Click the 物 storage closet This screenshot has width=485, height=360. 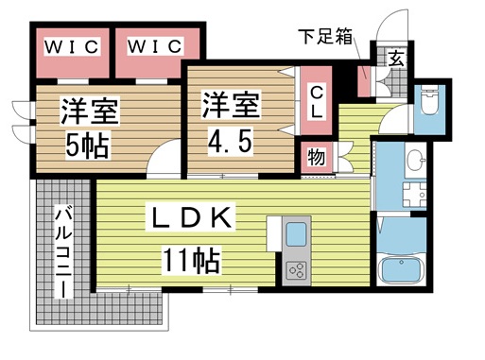316,157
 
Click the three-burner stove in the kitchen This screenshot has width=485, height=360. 295,270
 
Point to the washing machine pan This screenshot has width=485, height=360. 413,197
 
